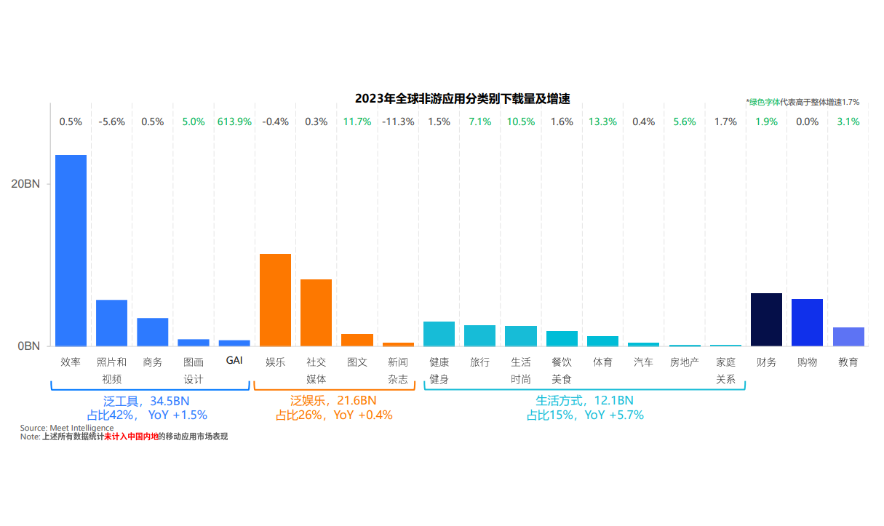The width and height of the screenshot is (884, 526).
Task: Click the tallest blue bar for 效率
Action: pos(71,250)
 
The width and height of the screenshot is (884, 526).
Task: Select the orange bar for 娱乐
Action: pos(275,300)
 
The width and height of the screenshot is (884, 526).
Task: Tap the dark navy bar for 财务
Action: pos(766,319)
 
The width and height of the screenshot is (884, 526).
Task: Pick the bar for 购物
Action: pos(807,322)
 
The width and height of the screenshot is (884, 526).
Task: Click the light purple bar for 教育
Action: pos(848,337)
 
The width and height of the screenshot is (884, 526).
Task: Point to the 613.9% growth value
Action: pos(234,122)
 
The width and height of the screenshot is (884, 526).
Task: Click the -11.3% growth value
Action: pos(398,122)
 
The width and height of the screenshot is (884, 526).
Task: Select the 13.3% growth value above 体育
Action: pos(602,122)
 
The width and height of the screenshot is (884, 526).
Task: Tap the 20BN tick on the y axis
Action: pos(26,184)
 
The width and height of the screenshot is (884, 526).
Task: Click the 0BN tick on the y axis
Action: pos(29,346)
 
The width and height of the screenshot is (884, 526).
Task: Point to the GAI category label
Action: pos(234,361)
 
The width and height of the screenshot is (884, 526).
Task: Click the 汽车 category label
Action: pos(643,362)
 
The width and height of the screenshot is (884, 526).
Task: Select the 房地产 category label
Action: pos(684,362)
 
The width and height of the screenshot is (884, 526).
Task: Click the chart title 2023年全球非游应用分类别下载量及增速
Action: pos(462,99)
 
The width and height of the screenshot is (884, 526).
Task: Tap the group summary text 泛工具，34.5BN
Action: pos(146,401)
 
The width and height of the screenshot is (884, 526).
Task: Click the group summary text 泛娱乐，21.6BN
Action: pos(333,401)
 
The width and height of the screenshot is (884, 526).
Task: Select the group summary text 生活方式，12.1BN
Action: pos(584,401)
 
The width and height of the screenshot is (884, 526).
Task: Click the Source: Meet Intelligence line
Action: pos(67,428)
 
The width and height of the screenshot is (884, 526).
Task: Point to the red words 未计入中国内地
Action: pos(131,437)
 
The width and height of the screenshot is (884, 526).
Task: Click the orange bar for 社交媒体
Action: pos(316,312)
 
